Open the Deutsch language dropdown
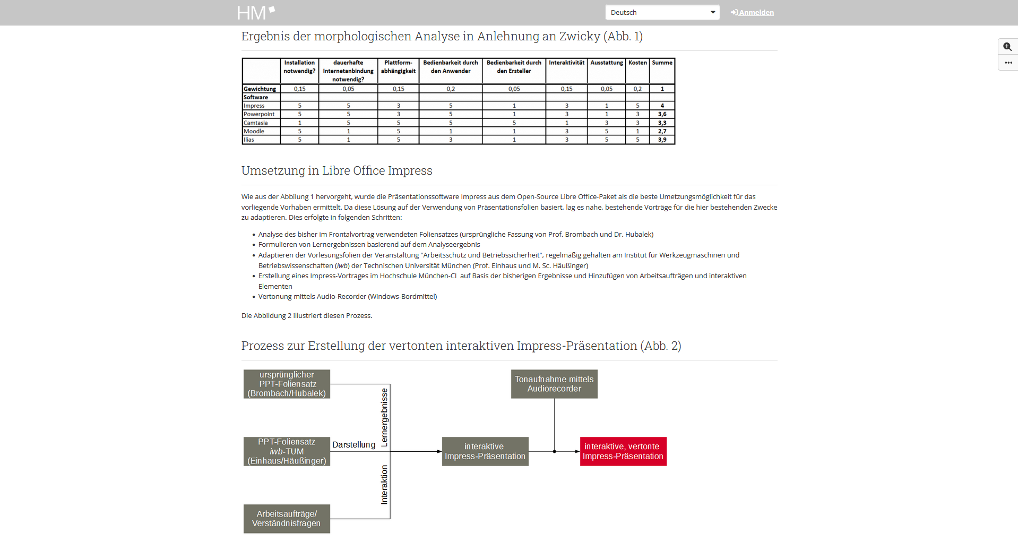pos(662,13)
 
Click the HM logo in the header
pos(256,13)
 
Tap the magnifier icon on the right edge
pos(1007,47)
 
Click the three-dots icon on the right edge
pos(1008,63)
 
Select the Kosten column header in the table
pos(637,63)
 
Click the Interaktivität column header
pos(566,63)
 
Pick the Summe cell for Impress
pos(662,106)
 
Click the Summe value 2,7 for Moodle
pos(662,131)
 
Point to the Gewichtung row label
pos(260,89)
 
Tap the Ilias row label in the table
pos(249,140)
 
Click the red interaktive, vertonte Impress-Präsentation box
pos(623,451)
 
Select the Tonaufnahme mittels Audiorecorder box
pos(554,384)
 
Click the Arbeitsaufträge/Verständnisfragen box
pos(287,519)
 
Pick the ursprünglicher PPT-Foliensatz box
pos(287,384)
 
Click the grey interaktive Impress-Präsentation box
pos(485,451)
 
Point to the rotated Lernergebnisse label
pos(385,417)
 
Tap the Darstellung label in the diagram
pos(353,445)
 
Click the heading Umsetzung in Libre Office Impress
pos(337,170)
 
